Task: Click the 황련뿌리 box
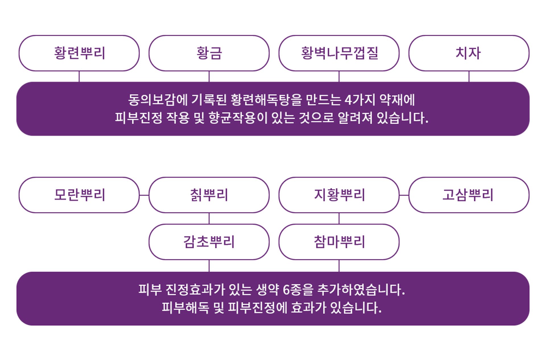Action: (79, 53)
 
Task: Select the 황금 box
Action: (209, 53)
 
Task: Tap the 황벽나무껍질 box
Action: (339, 53)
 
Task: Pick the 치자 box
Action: (469, 53)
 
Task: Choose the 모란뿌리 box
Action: (79, 195)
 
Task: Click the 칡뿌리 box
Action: (209, 195)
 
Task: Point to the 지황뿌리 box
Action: (339, 195)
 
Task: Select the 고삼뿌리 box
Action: (469, 195)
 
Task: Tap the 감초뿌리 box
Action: (209, 242)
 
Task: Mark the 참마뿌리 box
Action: (339, 242)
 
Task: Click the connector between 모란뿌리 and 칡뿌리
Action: (144, 195)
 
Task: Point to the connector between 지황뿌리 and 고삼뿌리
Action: (404, 195)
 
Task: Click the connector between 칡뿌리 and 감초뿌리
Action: (209, 219)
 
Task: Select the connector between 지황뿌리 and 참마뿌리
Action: (339, 219)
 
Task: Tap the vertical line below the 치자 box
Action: (469, 76)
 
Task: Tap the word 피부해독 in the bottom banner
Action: (185, 308)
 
